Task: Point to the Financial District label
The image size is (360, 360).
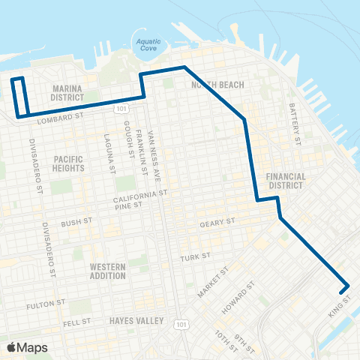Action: (x=286, y=181)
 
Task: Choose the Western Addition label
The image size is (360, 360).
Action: (x=107, y=271)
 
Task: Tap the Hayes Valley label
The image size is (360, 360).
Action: (x=136, y=320)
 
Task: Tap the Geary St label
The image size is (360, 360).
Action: (x=217, y=223)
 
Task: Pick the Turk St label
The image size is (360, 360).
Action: (x=191, y=257)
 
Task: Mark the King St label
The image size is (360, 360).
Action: (x=336, y=311)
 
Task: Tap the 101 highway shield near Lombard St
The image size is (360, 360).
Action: (x=121, y=109)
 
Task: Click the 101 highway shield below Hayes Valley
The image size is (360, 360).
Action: (x=180, y=323)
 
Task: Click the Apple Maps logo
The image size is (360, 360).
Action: (x=27, y=346)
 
